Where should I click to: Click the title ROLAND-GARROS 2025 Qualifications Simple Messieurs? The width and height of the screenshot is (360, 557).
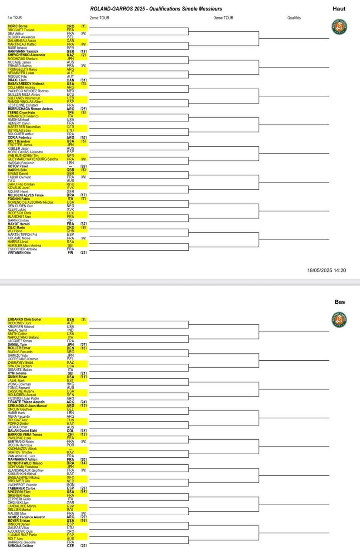(x=156, y=9)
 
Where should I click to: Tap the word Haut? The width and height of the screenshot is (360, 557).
(x=339, y=9)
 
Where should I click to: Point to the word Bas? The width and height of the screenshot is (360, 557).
(x=340, y=302)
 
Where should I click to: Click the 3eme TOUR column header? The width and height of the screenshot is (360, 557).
(x=224, y=18)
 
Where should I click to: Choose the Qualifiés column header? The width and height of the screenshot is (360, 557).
(x=294, y=18)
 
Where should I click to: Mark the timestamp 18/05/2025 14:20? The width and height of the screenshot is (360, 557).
(x=326, y=270)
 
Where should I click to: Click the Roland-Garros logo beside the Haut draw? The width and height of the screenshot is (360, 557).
(x=339, y=27)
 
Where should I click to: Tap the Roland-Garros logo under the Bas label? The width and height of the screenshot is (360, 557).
(x=339, y=319)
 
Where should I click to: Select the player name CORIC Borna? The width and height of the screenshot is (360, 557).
(x=17, y=26)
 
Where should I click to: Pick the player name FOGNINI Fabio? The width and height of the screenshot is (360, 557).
(x=20, y=199)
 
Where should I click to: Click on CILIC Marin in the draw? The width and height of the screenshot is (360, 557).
(x=17, y=228)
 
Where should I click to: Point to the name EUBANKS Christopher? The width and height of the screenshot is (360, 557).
(x=25, y=319)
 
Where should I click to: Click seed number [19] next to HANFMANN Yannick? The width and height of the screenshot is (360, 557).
(x=83, y=51)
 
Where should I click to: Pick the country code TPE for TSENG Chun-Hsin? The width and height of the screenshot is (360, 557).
(x=70, y=113)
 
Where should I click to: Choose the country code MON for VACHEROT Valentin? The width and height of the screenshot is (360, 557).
(x=70, y=485)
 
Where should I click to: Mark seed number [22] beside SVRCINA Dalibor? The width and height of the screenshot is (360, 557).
(x=83, y=546)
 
